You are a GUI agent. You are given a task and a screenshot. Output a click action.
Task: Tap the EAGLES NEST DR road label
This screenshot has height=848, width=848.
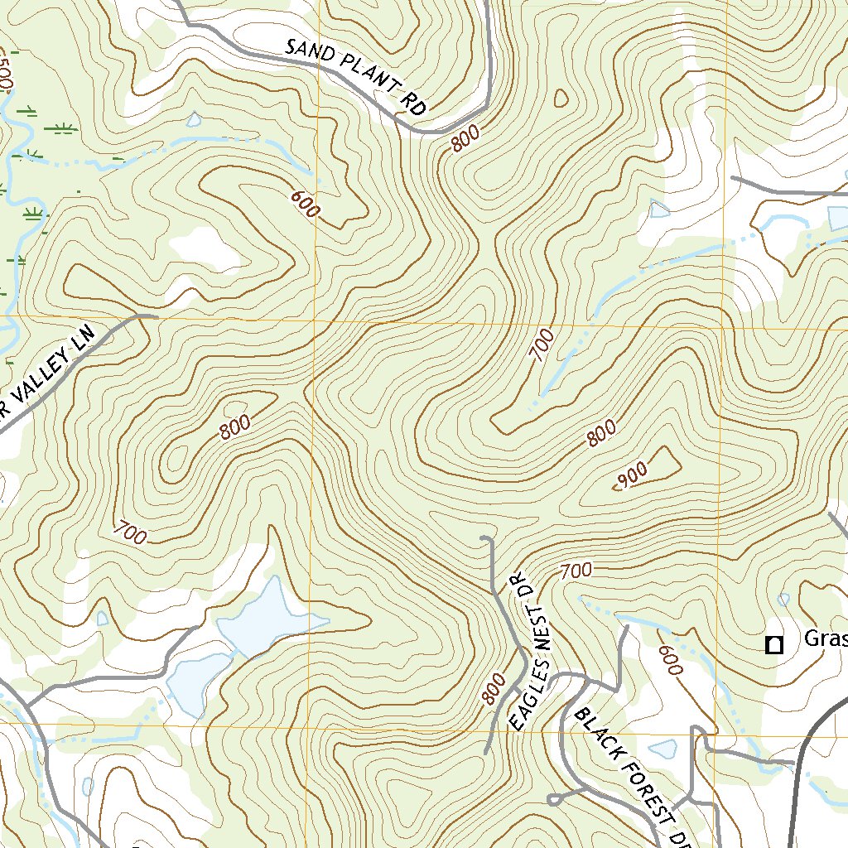[x=524, y=651]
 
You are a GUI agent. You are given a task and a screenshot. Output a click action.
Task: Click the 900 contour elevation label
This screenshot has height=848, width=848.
[x=632, y=475]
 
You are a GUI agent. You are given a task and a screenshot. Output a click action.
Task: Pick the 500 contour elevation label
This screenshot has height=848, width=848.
[x=7, y=75]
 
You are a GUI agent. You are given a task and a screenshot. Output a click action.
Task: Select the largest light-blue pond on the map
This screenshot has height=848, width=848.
[x=258, y=617]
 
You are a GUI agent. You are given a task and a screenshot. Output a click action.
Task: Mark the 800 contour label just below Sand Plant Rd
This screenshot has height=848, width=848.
[x=466, y=142]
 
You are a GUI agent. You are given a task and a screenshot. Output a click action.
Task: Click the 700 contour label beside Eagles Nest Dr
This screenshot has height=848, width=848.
[x=576, y=570]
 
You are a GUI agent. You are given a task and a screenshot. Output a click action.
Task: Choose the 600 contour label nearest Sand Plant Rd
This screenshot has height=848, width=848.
[x=305, y=204]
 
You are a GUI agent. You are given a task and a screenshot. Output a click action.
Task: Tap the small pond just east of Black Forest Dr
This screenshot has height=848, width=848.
[x=662, y=749]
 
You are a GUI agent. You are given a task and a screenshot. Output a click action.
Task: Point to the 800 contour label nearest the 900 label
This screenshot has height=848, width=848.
[x=602, y=433]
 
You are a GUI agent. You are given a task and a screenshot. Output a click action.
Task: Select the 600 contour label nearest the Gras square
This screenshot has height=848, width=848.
[x=669, y=660]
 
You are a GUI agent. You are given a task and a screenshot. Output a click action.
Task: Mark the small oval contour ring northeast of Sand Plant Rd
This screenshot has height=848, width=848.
[x=562, y=98]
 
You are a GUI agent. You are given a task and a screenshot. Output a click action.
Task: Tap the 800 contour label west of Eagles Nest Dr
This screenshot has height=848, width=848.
[x=493, y=688]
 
